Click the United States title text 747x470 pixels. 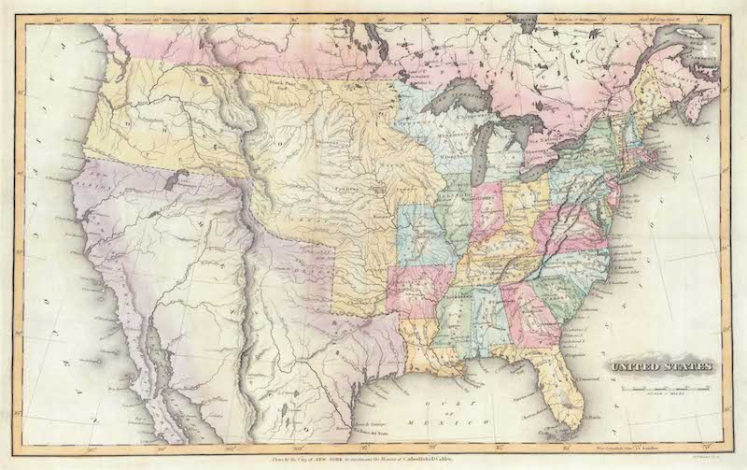662,366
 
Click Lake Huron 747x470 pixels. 524,127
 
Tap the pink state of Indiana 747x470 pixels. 487,210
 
